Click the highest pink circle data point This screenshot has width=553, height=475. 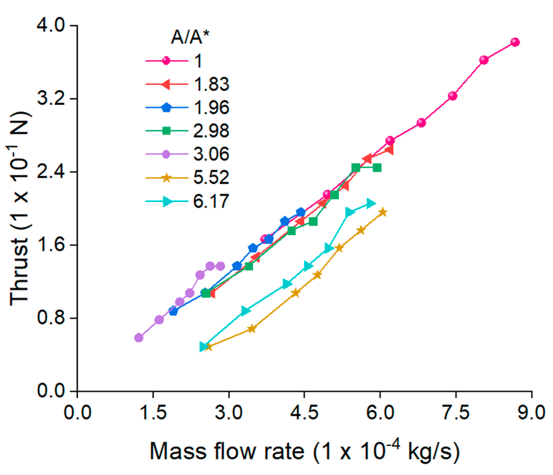pos(515,42)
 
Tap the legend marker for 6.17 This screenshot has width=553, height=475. pos(167,201)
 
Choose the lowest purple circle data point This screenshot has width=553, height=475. pos(139,338)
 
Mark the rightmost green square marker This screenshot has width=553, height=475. pos(377,168)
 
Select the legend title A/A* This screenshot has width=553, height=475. pos(190,37)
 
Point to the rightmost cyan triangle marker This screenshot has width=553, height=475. pos(371,203)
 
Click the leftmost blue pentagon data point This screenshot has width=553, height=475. pos(173,311)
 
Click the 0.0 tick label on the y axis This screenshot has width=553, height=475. pos(51,391)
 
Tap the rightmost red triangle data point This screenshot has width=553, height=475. pos(389,150)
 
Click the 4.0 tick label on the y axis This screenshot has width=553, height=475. pos(51,25)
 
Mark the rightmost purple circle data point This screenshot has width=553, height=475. pos(220,266)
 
